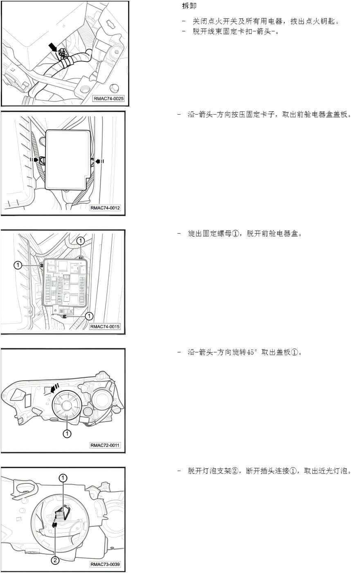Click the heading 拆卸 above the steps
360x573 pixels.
[189, 6]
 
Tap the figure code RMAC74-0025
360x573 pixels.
[109, 99]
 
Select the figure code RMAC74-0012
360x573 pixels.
[105, 208]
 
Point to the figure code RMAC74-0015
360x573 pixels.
[105, 327]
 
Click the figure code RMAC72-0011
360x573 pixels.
[105, 445]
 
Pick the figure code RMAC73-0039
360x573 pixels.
[105, 564]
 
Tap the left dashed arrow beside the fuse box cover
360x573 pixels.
[34, 160]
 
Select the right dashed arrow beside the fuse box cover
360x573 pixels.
[100, 161]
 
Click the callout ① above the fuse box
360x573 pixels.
[81, 241]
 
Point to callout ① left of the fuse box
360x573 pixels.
[18, 265]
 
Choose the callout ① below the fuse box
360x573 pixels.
[89, 316]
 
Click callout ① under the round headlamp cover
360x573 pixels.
[67, 433]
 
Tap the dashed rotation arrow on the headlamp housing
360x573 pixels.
[55, 388]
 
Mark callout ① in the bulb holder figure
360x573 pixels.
[63, 478]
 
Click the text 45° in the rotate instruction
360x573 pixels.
[252, 352]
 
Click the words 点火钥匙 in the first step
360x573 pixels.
[320, 21]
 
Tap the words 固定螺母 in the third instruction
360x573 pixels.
[217, 234]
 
